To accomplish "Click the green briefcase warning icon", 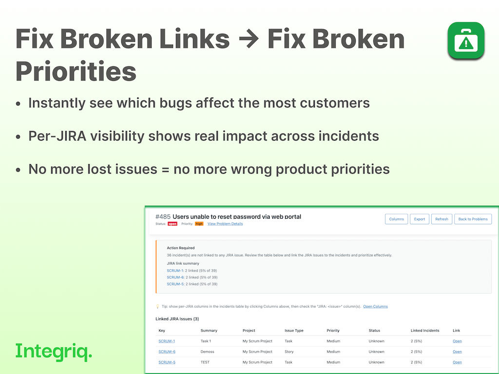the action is (466, 40).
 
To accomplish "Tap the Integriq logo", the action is (54, 352).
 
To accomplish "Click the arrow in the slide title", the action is (249, 39).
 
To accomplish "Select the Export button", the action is (420, 219).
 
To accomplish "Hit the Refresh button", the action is (441, 219).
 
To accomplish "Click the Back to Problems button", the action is (473, 219).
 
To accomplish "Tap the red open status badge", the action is (173, 224).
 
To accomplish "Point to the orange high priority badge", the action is (199, 224).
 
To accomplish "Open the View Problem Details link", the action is (225, 224).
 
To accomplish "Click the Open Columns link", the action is (376, 307).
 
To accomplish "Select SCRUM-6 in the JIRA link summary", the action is (175, 277).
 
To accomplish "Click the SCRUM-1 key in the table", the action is (167, 341).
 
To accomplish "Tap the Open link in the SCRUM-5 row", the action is (457, 362).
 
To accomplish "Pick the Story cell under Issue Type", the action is (289, 352).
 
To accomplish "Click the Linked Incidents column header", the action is (425, 331).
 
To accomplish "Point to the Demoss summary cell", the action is (207, 352).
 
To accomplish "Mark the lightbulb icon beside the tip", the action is (157, 307).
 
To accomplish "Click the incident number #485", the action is (163, 217).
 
